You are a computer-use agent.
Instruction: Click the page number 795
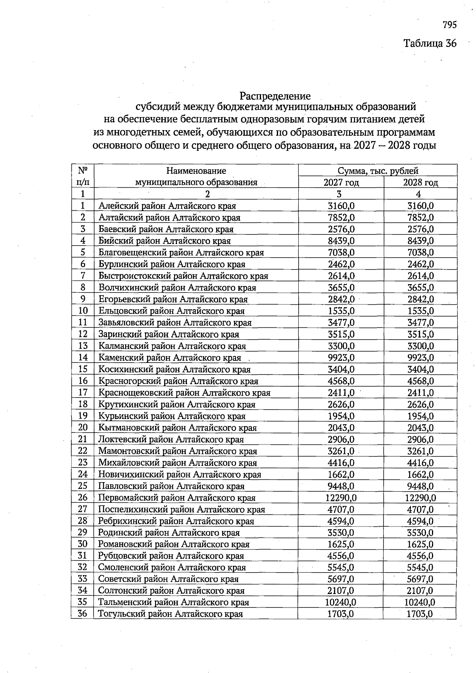449,25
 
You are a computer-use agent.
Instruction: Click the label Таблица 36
430,43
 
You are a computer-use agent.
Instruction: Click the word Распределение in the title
275,96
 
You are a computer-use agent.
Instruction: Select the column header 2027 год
341,183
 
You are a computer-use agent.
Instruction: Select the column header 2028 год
420,183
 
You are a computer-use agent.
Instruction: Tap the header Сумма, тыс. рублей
378,171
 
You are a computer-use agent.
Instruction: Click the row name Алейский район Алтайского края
167,206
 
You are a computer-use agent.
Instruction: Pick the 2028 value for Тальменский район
420,602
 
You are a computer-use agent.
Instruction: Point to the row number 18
83,404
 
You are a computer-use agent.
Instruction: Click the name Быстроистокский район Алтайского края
183,276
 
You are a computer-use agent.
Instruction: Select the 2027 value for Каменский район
341,358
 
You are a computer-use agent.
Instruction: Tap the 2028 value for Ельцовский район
420,311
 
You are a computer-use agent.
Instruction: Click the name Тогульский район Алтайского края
170,614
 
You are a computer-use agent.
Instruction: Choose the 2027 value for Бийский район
341,241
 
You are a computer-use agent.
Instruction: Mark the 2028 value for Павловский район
420,486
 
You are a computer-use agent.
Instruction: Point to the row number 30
83,544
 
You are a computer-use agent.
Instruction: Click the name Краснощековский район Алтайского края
184,393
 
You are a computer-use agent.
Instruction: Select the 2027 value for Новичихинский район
341,475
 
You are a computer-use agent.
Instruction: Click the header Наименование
196,171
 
